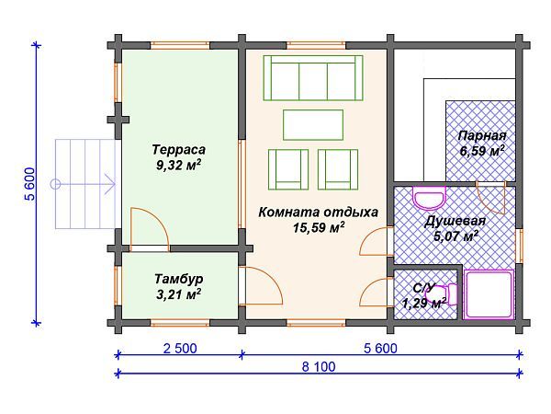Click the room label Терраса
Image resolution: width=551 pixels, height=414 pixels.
tap(178, 149)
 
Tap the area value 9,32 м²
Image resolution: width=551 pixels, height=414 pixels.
tap(178, 166)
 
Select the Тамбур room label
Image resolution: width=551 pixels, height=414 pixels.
tap(178, 279)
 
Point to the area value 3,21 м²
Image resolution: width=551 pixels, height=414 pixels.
tap(178, 294)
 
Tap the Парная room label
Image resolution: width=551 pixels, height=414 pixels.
tap(481, 134)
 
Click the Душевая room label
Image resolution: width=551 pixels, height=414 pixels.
tap(455, 221)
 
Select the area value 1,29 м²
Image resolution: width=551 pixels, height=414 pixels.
tap(423, 301)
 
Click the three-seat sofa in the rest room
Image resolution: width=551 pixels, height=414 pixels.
tap(314, 78)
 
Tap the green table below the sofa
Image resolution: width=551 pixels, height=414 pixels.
tap(314, 123)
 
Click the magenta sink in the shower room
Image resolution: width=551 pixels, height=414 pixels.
tap(427, 198)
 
